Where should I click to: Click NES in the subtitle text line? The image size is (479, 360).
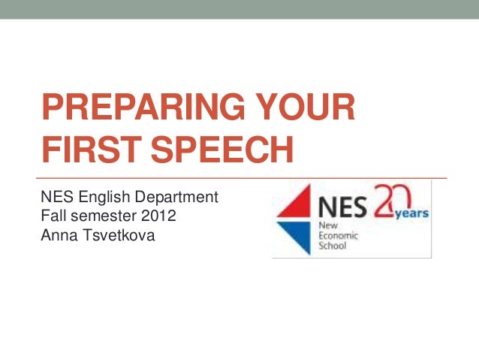click(55, 198)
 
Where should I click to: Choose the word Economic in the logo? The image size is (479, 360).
click(339, 235)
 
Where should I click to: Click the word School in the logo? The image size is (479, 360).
click(333, 246)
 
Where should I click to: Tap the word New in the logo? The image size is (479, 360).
click(329, 225)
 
